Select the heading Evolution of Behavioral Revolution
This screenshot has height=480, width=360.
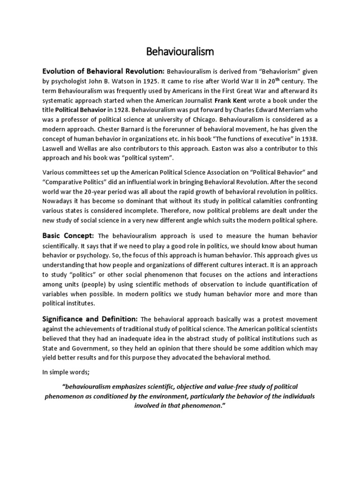click(103, 71)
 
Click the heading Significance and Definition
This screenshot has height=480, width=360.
click(90, 319)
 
